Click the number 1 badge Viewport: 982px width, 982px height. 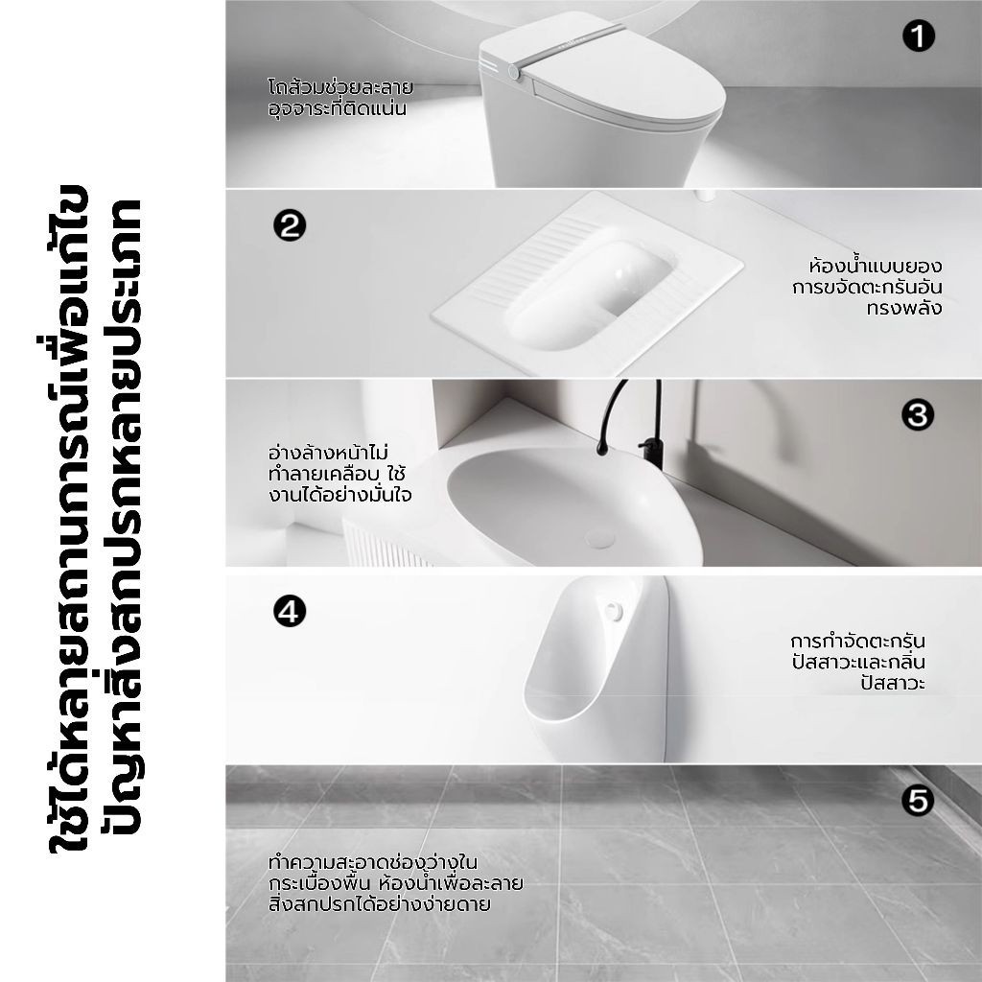click(x=918, y=36)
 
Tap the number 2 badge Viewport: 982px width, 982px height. click(x=290, y=225)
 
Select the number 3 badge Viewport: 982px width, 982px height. click(x=918, y=414)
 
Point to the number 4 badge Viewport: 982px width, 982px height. click(x=290, y=611)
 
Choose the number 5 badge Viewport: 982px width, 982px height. click(x=918, y=801)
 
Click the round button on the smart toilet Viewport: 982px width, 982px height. click(x=514, y=73)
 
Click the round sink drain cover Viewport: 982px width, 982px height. click(x=600, y=539)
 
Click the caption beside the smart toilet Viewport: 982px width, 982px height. click(x=340, y=98)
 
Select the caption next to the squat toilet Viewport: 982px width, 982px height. click(x=867, y=287)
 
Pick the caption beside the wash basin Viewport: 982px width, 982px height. click(x=339, y=474)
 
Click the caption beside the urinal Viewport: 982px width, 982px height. click(x=858, y=662)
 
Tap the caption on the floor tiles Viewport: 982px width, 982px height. click(x=395, y=883)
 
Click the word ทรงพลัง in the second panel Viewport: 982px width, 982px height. click(x=904, y=308)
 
